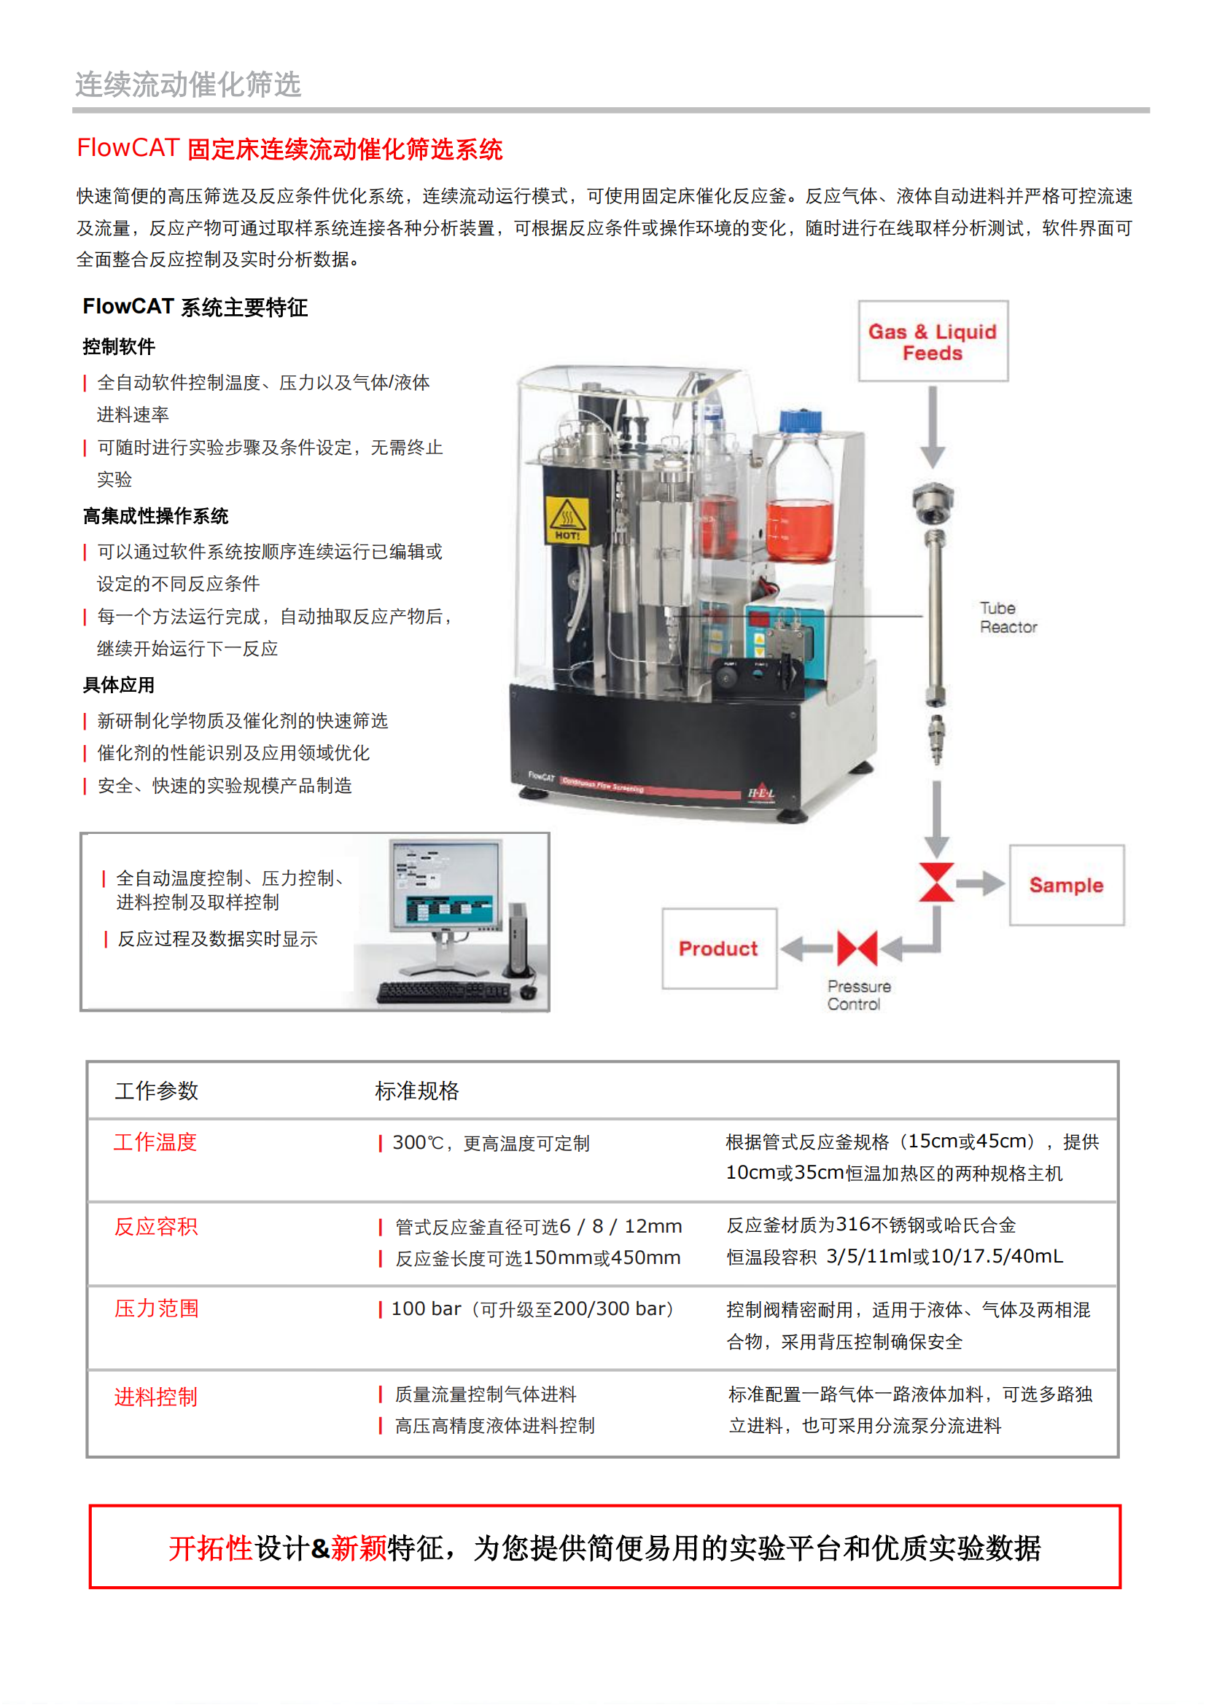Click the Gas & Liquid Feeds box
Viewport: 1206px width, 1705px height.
pos(933,342)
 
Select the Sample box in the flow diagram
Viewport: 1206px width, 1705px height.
pos(1066,885)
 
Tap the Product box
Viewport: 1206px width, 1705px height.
pos(719,948)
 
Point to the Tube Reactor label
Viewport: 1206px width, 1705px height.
pos(1007,618)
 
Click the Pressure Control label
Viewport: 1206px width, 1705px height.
pos(857,995)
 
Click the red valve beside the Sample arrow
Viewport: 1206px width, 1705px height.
pos(935,882)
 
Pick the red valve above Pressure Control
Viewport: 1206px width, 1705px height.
pos(857,948)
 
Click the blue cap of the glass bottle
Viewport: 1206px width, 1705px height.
pos(801,421)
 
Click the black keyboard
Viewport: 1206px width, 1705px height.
pos(443,992)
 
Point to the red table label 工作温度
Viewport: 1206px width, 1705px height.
pos(155,1142)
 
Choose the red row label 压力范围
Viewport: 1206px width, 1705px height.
pos(157,1308)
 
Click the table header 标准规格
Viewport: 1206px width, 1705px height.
pos(416,1091)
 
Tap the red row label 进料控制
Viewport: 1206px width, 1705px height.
pos(156,1397)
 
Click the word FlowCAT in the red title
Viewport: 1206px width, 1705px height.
pos(128,148)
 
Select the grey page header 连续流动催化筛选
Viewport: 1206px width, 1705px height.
pos(188,85)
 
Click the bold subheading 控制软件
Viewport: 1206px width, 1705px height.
pos(119,347)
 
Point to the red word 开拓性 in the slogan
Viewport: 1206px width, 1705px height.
pos(210,1549)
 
